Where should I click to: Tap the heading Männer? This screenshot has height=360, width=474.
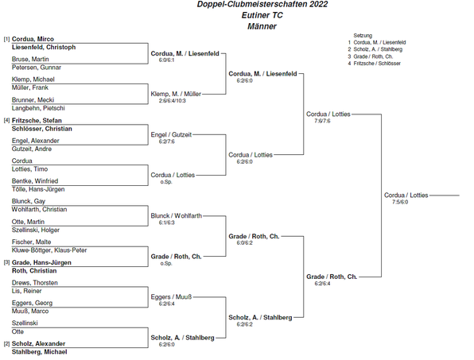click(262, 26)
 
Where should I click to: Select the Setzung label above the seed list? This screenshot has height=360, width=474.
click(363, 36)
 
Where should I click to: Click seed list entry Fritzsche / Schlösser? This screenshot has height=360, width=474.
click(377, 64)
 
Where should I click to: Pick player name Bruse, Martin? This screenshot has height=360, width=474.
click(30, 59)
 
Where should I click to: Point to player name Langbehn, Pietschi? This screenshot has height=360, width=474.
click(38, 108)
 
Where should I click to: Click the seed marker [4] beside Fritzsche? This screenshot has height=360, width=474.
click(6, 121)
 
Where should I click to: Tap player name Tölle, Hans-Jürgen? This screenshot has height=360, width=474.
click(38, 189)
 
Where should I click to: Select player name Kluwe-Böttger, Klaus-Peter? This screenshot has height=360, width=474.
click(49, 250)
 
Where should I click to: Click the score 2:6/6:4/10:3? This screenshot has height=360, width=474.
click(172, 101)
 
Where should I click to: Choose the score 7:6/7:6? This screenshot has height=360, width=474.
click(322, 121)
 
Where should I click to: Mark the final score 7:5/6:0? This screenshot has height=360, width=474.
click(400, 202)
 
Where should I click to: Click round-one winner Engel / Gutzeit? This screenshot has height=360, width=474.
click(171, 134)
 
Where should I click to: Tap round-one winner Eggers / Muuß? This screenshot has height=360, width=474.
click(171, 297)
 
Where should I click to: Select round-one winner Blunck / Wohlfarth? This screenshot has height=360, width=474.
click(177, 216)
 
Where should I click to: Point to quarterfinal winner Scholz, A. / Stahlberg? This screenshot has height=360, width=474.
click(260, 317)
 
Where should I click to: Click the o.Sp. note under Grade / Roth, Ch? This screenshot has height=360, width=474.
click(166, 263)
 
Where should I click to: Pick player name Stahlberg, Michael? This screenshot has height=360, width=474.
click(39, 352)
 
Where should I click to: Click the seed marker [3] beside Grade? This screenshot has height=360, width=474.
click(6, 262)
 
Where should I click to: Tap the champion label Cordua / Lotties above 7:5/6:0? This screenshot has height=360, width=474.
click(406, 195)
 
